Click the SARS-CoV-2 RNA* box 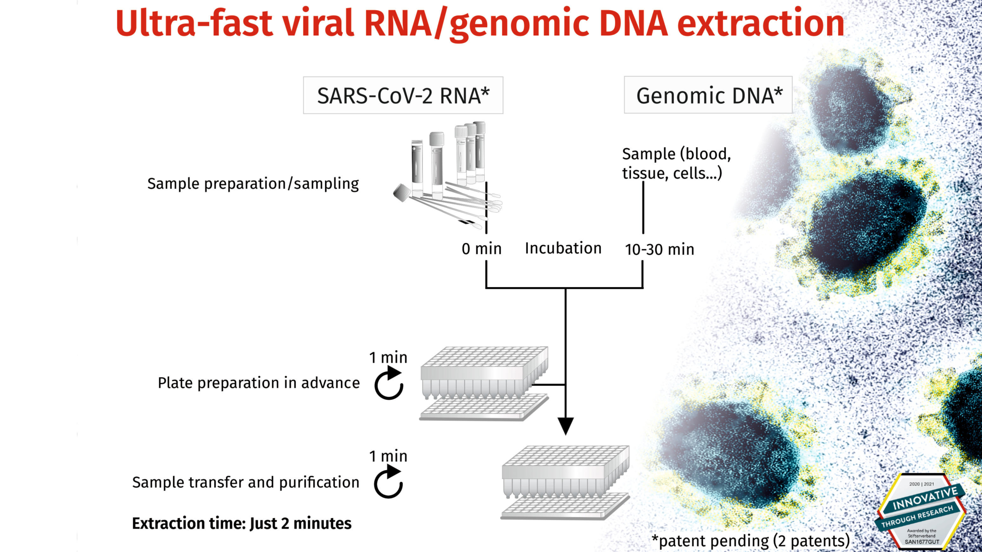403,95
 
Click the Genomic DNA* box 708,95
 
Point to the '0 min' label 481,249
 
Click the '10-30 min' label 659,249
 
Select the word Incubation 563,248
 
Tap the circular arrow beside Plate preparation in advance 389,383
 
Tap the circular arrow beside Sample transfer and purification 388,482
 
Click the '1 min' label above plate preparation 388,357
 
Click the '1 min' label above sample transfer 388,456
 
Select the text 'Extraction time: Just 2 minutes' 242,523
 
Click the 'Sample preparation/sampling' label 253,184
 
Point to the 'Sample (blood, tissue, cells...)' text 676,163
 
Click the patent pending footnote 750,541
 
